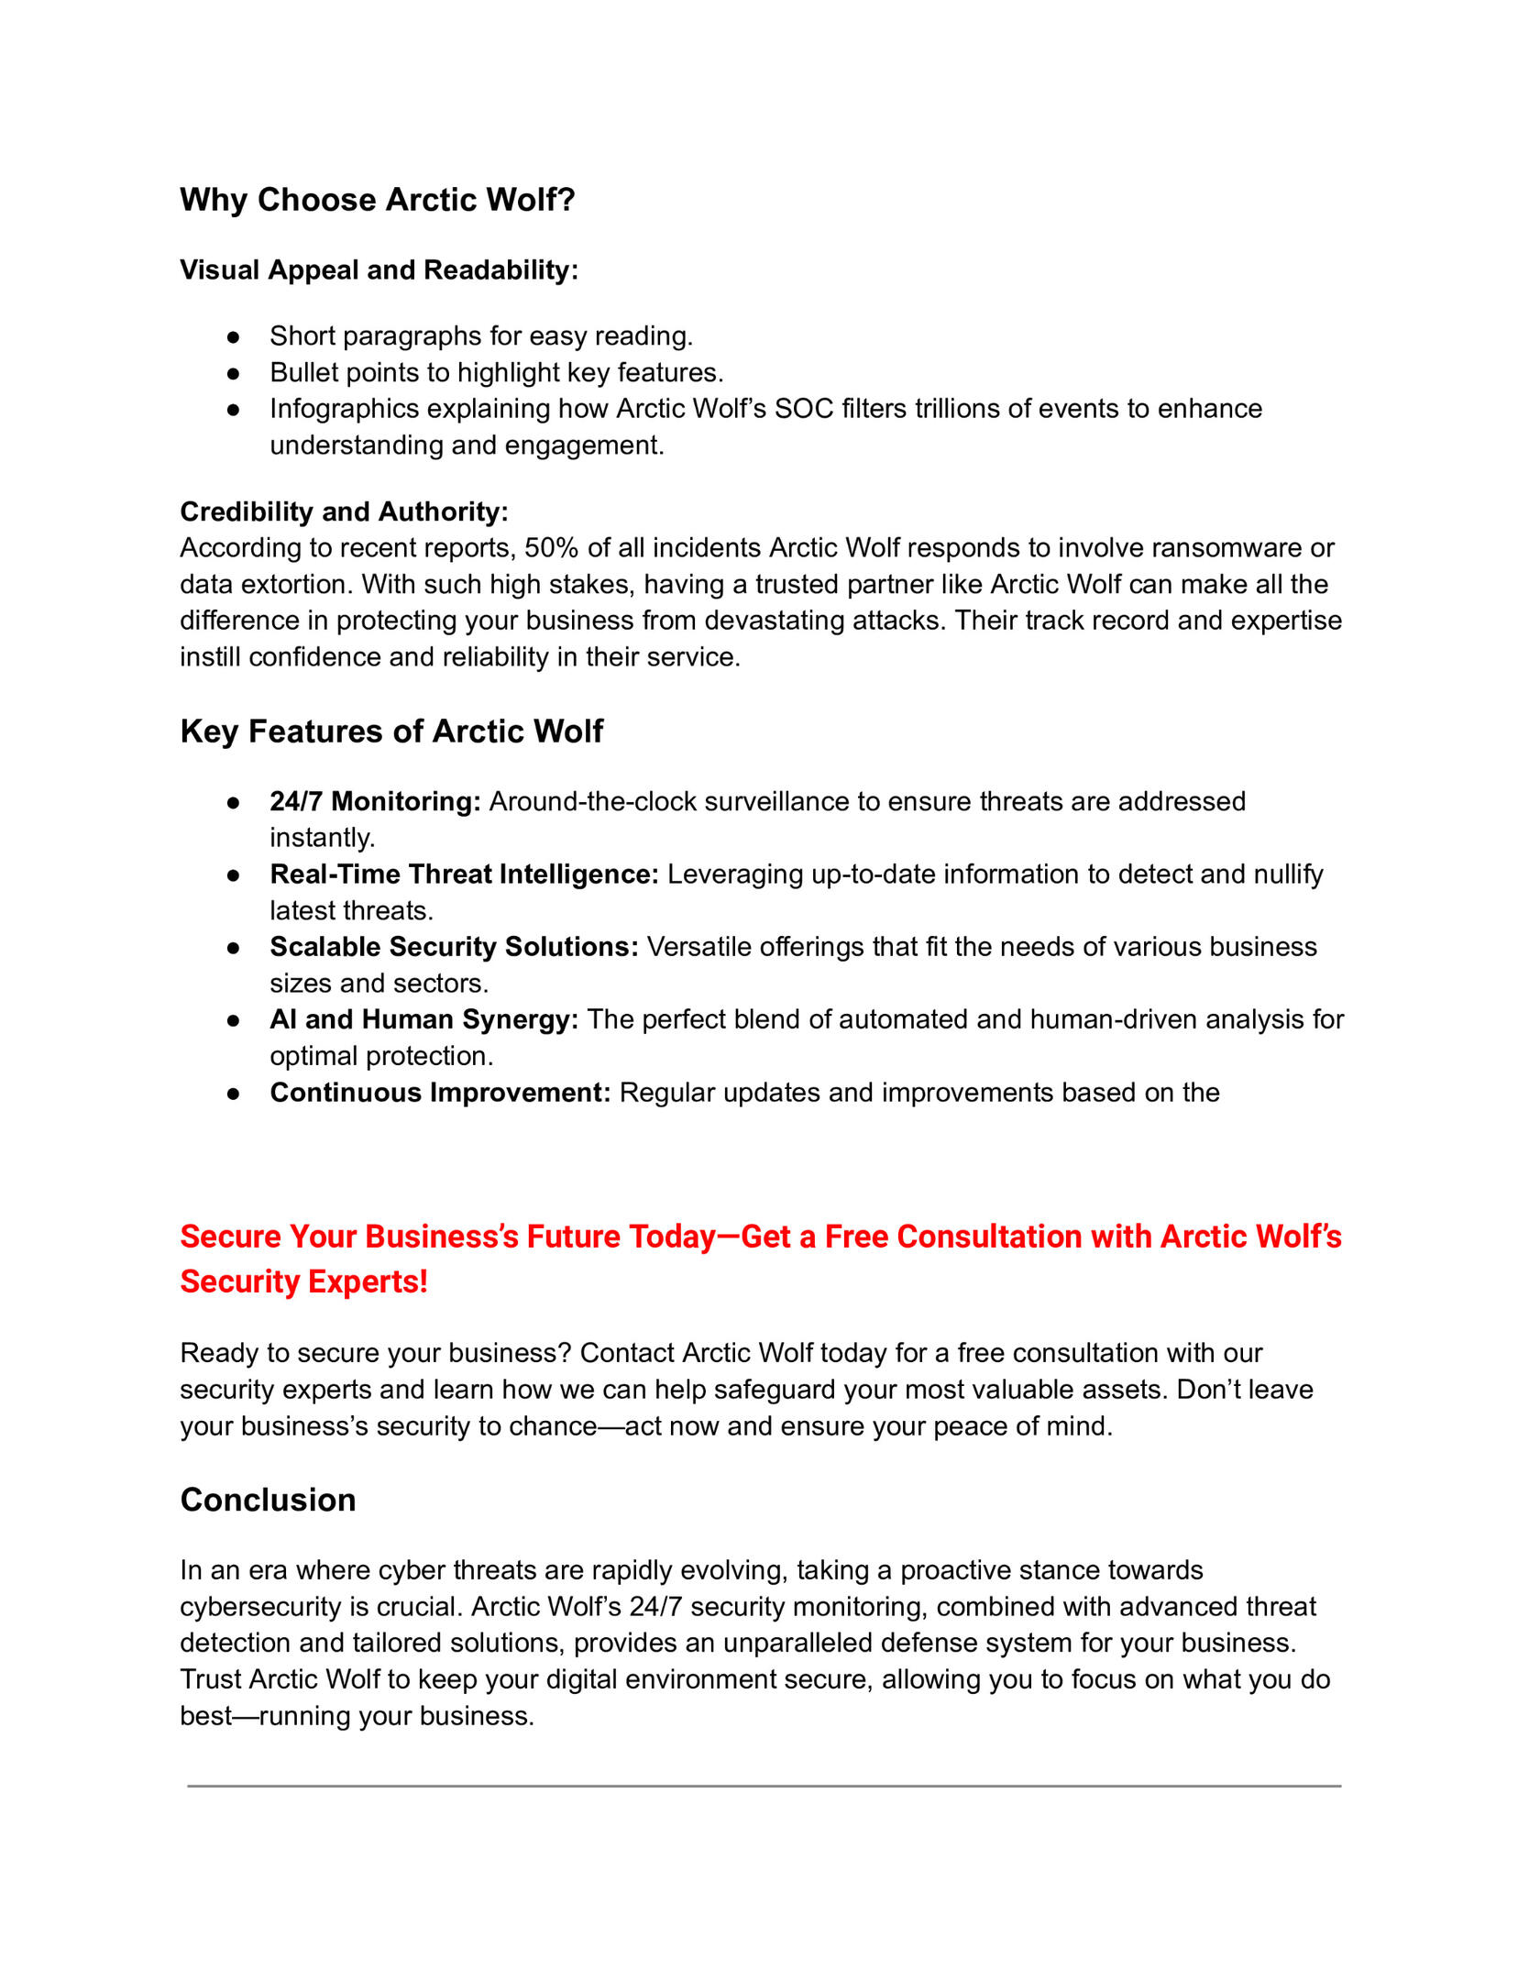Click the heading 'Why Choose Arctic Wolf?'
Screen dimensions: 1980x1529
point(377,200)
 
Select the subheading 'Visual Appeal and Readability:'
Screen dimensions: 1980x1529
point(379,270)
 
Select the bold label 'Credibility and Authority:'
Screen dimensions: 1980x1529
point(344,511)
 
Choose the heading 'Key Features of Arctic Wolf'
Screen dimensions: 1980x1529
point(391,731)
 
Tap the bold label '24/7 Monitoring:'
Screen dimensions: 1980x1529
point(375,802)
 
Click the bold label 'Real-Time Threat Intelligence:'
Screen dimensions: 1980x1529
point(464,874)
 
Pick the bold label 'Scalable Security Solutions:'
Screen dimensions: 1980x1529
point(454,947)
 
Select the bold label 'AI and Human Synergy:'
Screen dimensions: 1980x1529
point(423,1020)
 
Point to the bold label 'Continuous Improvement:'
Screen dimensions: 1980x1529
point(440,1093)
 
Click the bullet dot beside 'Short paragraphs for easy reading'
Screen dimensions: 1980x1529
point(234,337)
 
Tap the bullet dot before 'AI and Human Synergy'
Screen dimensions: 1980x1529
point(234,1020)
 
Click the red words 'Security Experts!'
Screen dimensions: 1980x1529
point(303,1281)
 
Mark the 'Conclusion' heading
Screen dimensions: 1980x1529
point(268,1500)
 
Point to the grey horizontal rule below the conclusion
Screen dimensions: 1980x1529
point(764,1786)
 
